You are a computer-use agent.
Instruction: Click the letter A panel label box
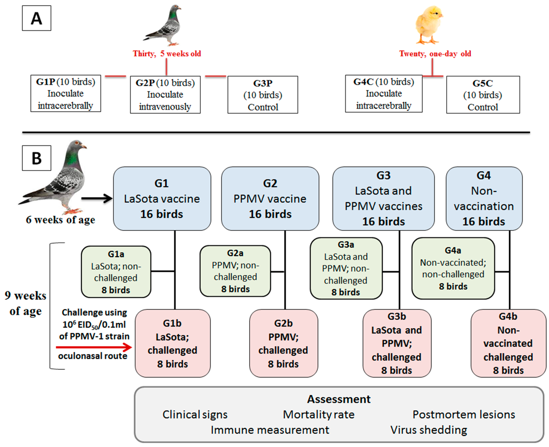click(x=36, y=18)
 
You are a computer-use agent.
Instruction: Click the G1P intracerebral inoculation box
click(x=66, y=93)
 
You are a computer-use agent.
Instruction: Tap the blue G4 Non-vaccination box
click(x=484, y=198)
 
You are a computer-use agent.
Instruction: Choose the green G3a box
click(x=346, y=268)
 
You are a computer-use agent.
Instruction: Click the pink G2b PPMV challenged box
click(x=283, y=343)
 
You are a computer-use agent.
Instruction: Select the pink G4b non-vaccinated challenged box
click(x=508, y=343)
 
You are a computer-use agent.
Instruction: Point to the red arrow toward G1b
click(x=94, y=347)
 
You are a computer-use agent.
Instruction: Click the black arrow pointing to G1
click(x=97, y=198)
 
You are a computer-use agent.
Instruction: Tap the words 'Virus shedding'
click(x=429, y=430)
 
